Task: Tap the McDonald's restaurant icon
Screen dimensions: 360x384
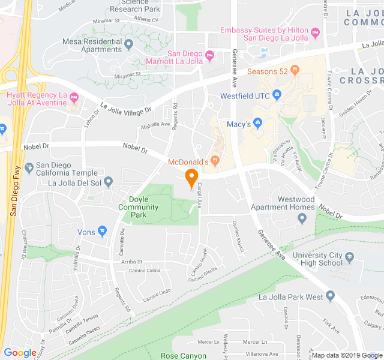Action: [215, 161]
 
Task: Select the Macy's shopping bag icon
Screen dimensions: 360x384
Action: [257, 124]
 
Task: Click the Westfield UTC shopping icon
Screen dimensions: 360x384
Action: [277, 95]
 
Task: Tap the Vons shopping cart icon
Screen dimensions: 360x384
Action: [102, 231]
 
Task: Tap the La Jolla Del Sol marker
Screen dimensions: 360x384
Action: [109, 182]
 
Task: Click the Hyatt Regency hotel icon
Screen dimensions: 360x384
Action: [74, 98]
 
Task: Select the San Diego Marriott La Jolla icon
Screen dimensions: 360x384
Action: [209, 57]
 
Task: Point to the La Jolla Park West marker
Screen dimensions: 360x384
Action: [330, 296]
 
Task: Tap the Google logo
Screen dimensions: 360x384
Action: [20, 353]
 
